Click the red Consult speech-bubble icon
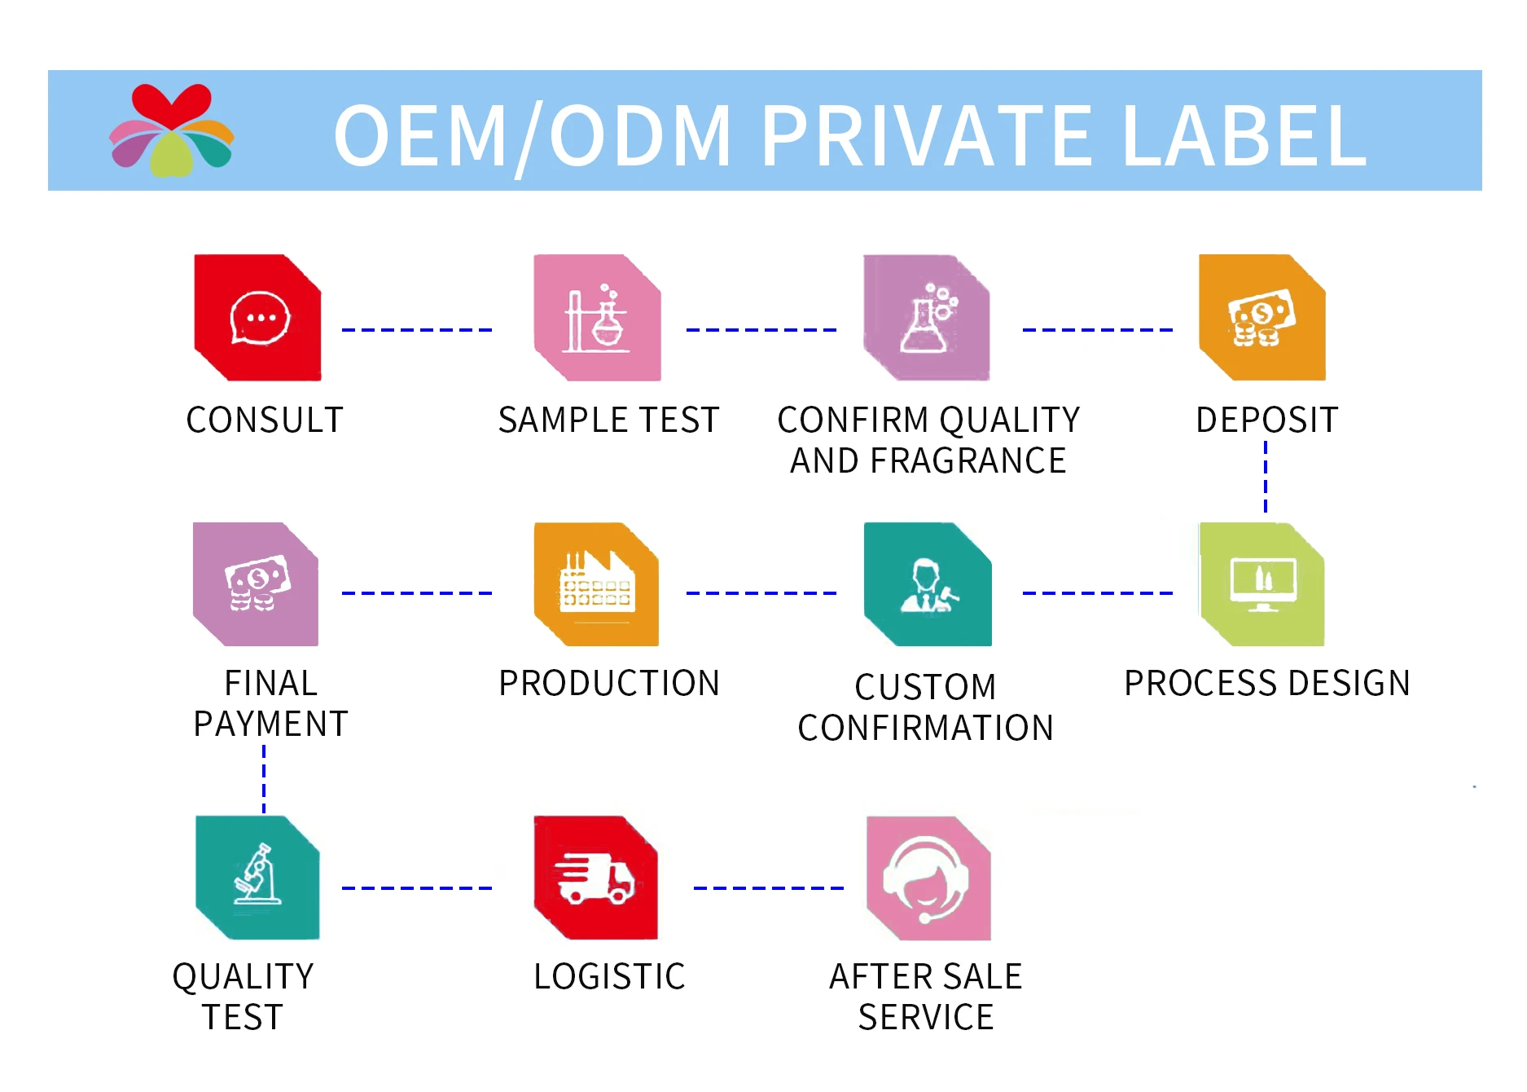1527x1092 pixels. (257, 318)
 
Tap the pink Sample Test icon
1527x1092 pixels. (597, 318)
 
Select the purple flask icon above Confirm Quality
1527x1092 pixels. (927, 318)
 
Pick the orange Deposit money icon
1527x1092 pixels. (1262, 318)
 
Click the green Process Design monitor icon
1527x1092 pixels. (1262, 584)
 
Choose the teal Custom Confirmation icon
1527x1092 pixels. (928, 584)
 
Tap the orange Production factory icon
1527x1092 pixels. (596, 584)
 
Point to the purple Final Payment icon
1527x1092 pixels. (256, 584)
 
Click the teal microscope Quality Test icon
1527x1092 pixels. (257, 878)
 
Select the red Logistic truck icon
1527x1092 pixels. (595, 878)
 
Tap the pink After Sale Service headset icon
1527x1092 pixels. (928, 878)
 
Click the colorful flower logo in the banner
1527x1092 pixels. (172, 130)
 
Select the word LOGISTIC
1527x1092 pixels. (609, 976)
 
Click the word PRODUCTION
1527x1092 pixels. (609, 683)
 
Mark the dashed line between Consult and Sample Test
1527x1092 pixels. (417, 330)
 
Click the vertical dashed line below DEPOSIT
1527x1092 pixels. (1266, 477)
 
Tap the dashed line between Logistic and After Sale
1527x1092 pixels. (768, 888)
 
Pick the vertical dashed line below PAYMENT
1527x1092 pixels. (264, 779)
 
